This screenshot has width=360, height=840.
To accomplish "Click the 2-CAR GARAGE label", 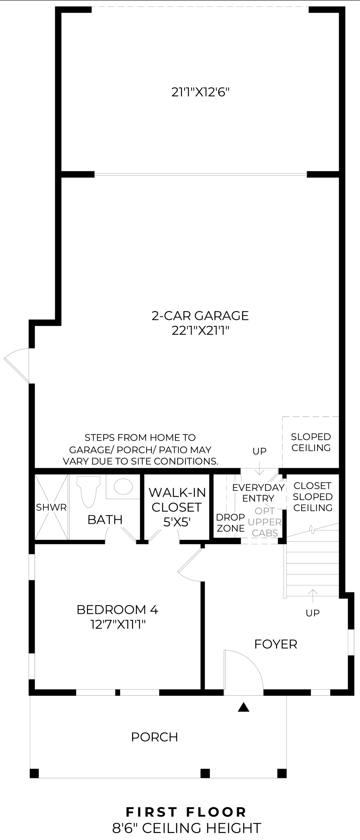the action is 200,315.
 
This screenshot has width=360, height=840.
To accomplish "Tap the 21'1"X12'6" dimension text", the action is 200,92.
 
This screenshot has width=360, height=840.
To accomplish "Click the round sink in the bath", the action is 123,486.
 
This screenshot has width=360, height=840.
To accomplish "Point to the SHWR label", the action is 51,507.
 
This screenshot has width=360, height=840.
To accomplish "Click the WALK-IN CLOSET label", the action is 177,500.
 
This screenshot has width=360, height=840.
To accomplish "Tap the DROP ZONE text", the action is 231,523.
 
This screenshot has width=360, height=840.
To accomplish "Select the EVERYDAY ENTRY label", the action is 259,493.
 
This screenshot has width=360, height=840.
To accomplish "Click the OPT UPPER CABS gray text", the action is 265,522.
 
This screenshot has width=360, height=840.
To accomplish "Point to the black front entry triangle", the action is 244,707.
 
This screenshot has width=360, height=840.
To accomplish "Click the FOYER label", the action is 276,644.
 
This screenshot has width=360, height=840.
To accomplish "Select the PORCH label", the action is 154,737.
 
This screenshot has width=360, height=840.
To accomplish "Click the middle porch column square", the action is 205,773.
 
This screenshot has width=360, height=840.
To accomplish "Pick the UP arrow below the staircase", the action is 312,595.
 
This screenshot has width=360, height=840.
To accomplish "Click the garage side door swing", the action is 17,363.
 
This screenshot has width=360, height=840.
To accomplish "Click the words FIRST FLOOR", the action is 186,812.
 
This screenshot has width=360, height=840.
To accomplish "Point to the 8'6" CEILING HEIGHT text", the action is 187,828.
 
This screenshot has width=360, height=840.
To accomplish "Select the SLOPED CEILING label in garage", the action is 311,442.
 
